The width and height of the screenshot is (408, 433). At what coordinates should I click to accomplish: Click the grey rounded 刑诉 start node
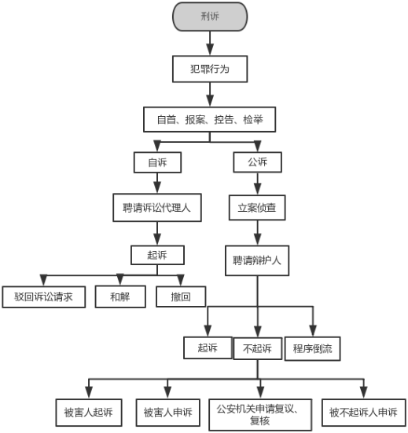pyautogui.click(x=209, y=16)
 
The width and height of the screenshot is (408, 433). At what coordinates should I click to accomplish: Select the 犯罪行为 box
pyautogui.click(x=209, y=69)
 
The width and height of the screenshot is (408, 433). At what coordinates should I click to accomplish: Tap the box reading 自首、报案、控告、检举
pyautogui.click(x=209, y=118)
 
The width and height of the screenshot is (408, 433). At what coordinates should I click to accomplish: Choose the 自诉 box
pyautogui.click(x=157, y=162)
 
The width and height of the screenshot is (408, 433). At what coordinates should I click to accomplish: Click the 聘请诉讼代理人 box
pyautogui.click(x=157, y=209)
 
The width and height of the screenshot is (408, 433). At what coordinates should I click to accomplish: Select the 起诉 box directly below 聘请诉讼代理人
pyautogui.click(x=157, y=255)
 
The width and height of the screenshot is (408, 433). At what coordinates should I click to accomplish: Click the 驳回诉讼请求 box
pyautogui.click(x=43, y=297)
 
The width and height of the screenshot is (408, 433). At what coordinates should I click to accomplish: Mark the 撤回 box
pyautogui.click(x=181, y=297)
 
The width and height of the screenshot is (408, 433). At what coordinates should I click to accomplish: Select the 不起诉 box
pyautogui.click(x=256, y=348)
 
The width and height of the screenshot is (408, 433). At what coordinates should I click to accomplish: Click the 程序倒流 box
pyautogui.click(x=313, y=348)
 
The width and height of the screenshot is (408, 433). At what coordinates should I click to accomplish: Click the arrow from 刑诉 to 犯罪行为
pyautogui.click(x=209, y=44)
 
